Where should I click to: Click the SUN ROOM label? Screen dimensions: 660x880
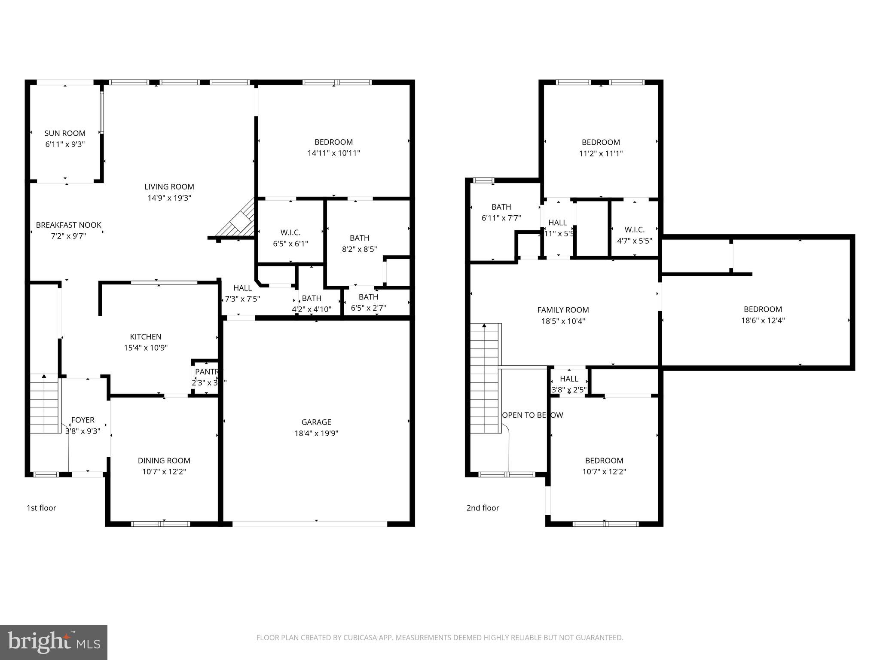coord(65,133)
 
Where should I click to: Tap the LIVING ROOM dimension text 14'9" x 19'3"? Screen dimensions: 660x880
coord(169,198)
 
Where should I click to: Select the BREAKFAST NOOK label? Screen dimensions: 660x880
coord(68,225)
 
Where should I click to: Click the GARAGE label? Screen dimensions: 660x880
coord(316,422)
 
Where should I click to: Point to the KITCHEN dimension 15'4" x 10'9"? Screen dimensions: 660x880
coord(146,348)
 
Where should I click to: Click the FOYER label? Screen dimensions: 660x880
coord(82,420)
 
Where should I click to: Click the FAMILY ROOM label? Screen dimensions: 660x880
coord(563,310)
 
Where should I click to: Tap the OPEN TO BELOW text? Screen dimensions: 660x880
coord(532,415)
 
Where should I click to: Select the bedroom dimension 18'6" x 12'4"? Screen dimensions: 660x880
coord(763,320)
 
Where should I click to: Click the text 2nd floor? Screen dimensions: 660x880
coord(483,508)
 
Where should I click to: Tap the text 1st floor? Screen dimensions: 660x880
coord(41,508)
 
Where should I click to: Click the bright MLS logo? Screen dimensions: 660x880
coord(54,642)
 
